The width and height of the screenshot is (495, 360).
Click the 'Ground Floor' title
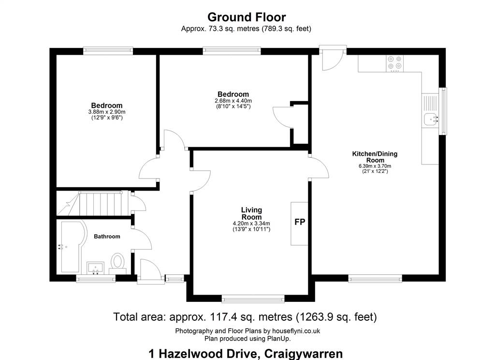point(247,17)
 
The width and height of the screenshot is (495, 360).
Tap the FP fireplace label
point(300,222)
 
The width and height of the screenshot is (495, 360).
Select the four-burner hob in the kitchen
point(394,62)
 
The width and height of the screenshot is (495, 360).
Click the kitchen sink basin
point(431,120)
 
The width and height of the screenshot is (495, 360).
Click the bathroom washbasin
point(95,268)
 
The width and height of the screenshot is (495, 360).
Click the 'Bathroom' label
point(107,237)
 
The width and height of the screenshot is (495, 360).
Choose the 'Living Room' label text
point(251,213)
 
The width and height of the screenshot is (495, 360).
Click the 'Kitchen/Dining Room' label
point(375,157)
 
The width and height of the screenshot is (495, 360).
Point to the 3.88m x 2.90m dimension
point(107,112)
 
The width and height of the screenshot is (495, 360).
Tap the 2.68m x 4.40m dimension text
point(233,101)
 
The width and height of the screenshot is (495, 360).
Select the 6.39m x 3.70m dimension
point(375,166)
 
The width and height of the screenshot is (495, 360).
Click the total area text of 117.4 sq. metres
point(245,316)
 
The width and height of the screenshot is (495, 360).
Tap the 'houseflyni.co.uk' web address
point(296,331)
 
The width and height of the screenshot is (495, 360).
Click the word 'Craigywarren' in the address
point(304,354)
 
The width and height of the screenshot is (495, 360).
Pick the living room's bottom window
point(253,299)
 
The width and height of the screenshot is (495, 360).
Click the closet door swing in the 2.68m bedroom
point(282,118)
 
